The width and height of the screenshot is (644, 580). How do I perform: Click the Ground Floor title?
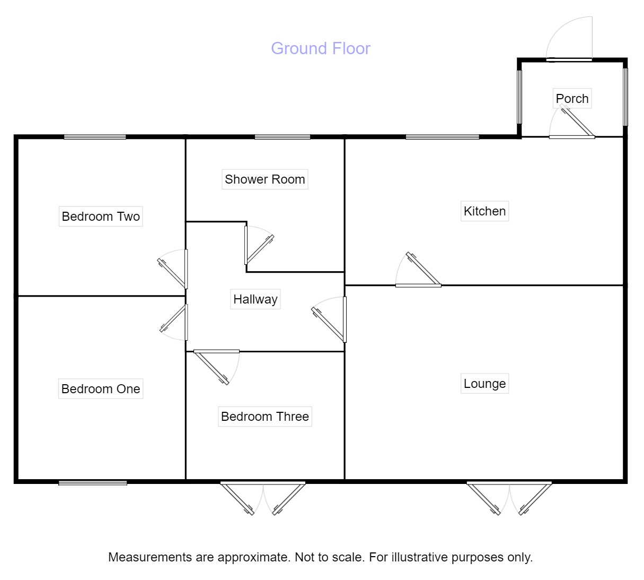point(320,48)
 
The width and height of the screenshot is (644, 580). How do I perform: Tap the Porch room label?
point(572,99)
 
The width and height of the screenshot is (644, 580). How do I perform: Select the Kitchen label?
point(484,211)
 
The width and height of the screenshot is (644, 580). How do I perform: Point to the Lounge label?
point(484,384)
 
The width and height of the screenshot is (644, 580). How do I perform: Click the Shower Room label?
point(264,179)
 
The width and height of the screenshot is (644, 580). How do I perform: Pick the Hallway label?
point(255,299)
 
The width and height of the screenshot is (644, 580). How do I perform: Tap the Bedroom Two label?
point(101,217)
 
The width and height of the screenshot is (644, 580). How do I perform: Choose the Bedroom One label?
point(101,389)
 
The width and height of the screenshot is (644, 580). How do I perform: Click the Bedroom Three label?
point(264,417)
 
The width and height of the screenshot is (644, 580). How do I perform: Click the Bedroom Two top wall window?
point(95,137)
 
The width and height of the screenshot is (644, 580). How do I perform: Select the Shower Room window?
point(282,137)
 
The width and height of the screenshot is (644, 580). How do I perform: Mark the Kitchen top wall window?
point(442,137)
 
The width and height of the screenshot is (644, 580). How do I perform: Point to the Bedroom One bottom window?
point(93,482)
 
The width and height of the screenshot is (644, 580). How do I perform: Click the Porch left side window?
point(519,96)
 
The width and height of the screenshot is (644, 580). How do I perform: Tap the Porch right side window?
point(625,96)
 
